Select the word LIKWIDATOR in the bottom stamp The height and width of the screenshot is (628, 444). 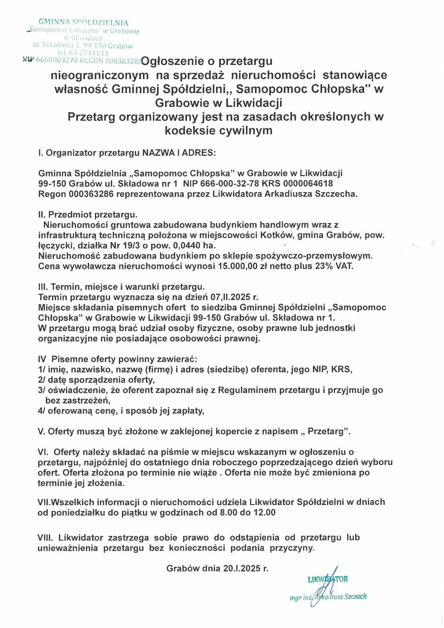point(328,579)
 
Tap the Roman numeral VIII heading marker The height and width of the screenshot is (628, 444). point(45,537)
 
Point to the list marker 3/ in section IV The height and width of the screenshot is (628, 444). point(41,390)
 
